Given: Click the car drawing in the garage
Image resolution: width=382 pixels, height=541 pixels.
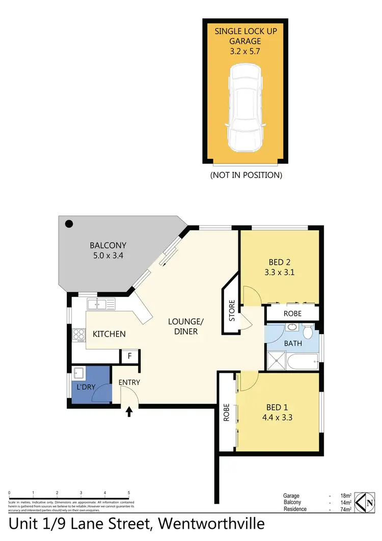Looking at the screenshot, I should (x=246, y=107).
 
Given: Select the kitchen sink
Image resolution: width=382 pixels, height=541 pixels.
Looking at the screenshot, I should (x=101, y=305).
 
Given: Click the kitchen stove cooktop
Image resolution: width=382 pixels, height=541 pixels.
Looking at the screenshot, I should (x=79, y=335).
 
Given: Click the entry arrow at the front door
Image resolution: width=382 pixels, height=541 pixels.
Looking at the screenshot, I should (x=129, y=411).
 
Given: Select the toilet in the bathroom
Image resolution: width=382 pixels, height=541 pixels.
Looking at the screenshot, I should (x=307, y=332).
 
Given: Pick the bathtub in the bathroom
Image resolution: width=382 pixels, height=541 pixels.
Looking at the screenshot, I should (x=301, y=362).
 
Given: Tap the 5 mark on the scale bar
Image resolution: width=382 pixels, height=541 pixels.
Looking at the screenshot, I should (x=129, y=493).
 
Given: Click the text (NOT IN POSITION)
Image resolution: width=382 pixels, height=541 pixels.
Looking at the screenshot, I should (x=246, y=175).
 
